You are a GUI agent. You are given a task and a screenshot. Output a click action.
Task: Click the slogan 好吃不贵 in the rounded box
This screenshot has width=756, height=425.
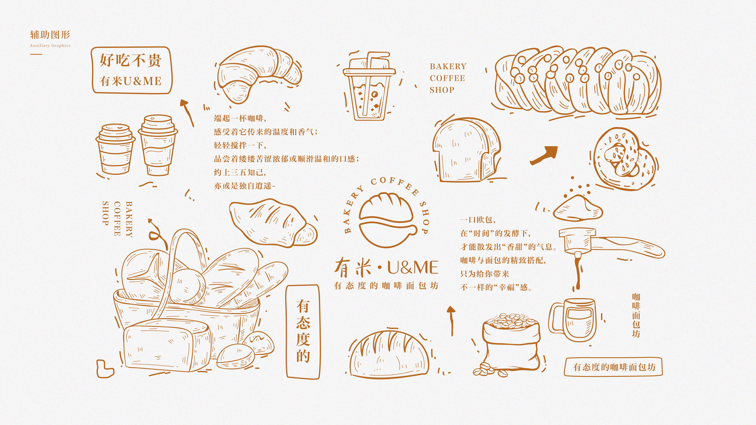click(x=131, y=60)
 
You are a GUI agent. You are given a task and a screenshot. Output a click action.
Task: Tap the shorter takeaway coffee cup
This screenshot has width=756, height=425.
click(x=115, y=150)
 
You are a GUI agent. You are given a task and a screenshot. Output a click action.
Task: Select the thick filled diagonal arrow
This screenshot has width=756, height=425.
click(x=544, y=155)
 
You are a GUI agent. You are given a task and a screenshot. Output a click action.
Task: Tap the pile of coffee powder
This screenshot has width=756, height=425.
click(x=578, y=208)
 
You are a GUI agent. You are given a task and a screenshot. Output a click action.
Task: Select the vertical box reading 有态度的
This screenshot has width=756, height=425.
click(x=303, y=331)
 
